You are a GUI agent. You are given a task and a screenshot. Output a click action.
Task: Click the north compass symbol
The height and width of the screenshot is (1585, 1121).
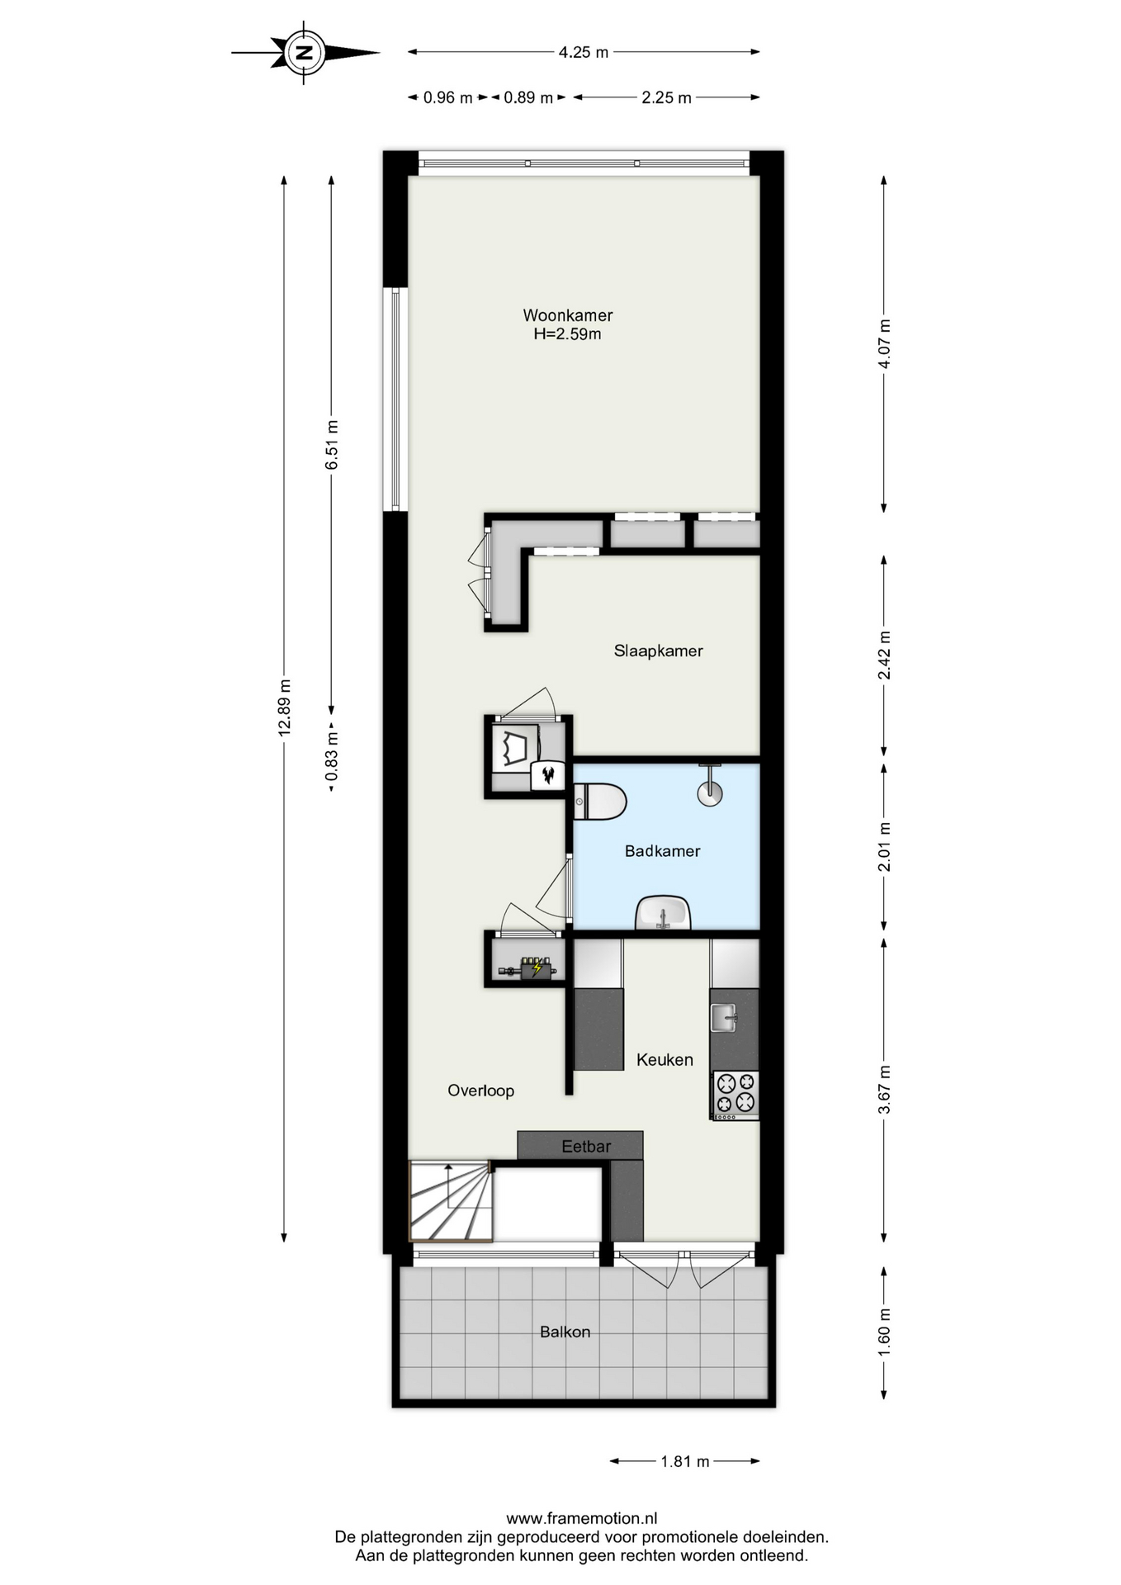coord(305,53)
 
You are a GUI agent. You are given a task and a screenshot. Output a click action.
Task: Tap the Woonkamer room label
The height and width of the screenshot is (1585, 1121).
coord(568,315)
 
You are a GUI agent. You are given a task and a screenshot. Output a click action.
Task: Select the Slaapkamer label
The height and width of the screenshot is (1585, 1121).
coord(658,651)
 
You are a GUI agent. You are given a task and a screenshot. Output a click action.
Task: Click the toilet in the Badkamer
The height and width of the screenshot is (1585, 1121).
coord(600,802)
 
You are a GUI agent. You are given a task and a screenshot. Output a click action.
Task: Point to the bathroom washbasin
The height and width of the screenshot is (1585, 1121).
coord(663,913)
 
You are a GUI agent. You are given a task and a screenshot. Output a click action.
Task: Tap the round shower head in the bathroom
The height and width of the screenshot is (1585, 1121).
coord(710,793)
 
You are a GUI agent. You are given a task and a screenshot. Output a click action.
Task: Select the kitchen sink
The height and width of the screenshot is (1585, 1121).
coord(724,1017)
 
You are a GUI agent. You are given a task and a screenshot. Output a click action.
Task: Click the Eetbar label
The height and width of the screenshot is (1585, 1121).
coord(586,1146)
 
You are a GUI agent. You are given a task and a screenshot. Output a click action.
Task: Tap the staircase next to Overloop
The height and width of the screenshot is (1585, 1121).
coord(452,1201)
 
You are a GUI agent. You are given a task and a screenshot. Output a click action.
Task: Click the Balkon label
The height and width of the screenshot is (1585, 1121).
coord(565,1332)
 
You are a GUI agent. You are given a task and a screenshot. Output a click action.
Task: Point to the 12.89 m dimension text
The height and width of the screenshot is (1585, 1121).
coord(285,707)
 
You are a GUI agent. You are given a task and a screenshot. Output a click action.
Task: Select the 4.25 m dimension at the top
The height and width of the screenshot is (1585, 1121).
coord(584,52)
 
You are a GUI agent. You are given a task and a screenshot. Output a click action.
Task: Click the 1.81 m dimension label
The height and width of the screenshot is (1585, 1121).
coord(685,1461)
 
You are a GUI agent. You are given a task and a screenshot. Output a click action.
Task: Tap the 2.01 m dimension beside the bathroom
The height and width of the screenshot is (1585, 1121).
coord(884,847)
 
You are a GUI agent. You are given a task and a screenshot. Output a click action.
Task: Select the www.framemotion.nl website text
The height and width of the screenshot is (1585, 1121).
coord(582,1517)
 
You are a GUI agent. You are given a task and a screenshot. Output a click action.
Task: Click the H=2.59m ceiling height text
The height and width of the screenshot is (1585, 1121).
coord(568,334)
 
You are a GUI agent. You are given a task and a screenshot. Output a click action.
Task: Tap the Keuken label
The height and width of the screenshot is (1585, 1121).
coord(665,1059)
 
